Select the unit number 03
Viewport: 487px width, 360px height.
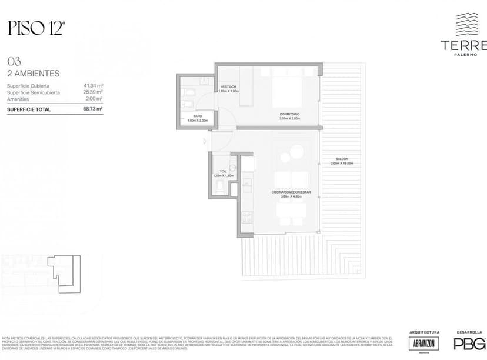(x=12, y=61)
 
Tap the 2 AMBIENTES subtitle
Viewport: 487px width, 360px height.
(x=33, y=74)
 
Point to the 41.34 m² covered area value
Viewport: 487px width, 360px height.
(x=93, y=86)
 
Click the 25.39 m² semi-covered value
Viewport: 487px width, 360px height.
(x=93, y=92)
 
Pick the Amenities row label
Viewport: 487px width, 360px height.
(x=19, y=99)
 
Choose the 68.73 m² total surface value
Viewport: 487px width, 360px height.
(x=93, y=109)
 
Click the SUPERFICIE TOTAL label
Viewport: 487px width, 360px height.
(x=29, y=109)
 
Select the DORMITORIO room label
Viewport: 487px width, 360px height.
(x=289, y=114)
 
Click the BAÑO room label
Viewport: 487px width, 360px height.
(x=198, y=116)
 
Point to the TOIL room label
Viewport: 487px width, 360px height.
(x=223, y=171)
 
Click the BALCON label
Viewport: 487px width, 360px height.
(x=342, y=159)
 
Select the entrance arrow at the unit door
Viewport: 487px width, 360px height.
(x=205, y=141)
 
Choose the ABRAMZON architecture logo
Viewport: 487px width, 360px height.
(x=423, y=344)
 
